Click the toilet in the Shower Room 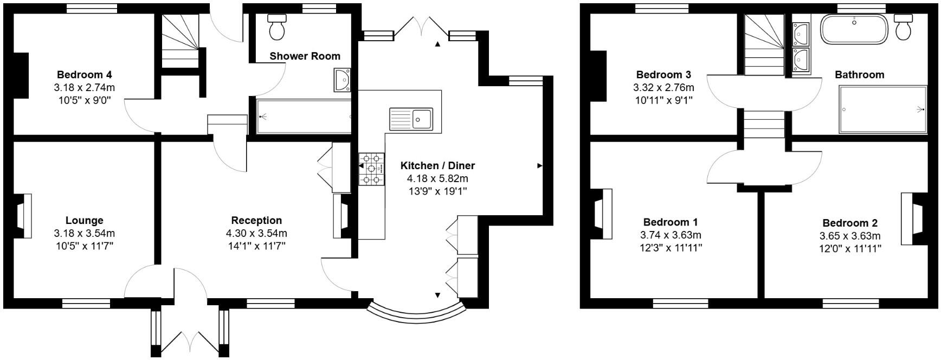tap(277, 28)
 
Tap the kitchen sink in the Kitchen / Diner tap(411, 119)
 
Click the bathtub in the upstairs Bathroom tap(854, 29)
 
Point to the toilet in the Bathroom tap(903, 28)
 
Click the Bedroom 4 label tap(84, 74)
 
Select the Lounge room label tap(84, 220)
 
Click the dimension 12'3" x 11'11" tap(671, 248)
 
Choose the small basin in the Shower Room tap(343, 80)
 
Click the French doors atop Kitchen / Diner tap(421, 28)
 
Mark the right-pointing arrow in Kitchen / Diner tap(539, 165)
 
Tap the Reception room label tap(256, 220)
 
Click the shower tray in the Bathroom tap(882, 110)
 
